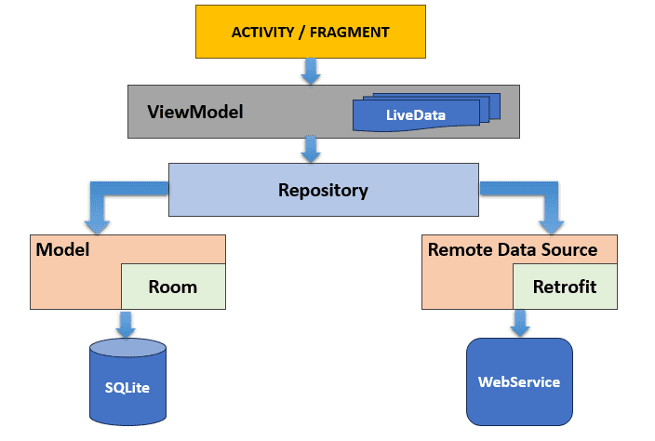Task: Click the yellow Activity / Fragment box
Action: pos(311,32)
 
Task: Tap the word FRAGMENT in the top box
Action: pos(349,33)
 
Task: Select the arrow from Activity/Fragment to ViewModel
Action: pos(311,72)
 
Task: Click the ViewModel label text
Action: pos(195,112)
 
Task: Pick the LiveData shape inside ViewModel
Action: pos(426,113)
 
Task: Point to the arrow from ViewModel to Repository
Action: pos(311,149)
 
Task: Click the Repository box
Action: pos(324,190)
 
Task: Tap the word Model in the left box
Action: pos(62,249)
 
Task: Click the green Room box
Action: pos(173,287)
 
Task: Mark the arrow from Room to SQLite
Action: pos(126,324)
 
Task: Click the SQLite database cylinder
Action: pos(127,382)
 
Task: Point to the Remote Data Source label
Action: pos(513,249)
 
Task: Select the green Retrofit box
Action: pos(565,287)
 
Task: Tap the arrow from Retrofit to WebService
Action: pos(520,323)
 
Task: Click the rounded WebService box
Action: pos(520,381)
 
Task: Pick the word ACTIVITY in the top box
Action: pos(262,33)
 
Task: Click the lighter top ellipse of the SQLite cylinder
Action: pos(127,347)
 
